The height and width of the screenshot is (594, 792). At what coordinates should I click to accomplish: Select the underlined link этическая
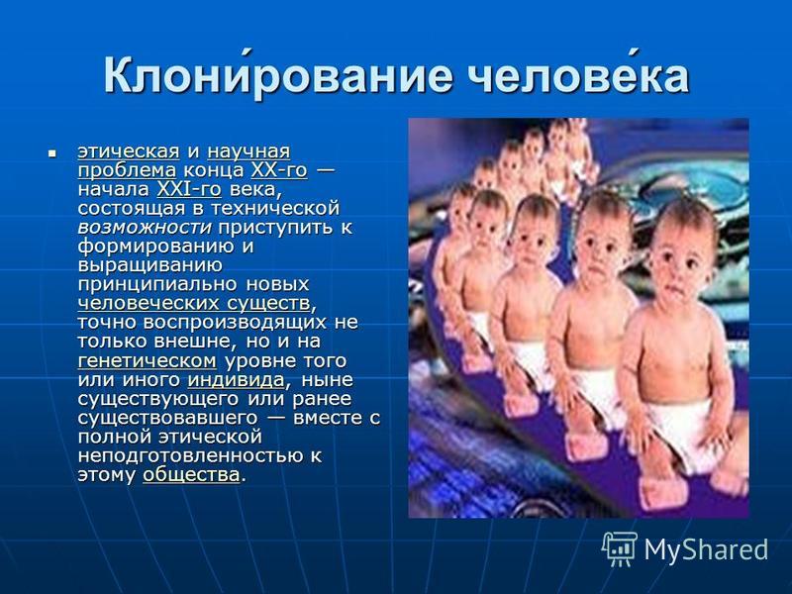[x=129, y=151]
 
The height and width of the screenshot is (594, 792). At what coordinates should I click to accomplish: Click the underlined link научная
[x=248, y=151]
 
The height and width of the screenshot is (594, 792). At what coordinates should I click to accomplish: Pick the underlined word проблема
[x=127, y=170]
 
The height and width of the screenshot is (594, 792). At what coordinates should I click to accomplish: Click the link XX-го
[x=279, y=170]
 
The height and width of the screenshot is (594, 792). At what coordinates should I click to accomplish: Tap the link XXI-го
[x=189, y=189]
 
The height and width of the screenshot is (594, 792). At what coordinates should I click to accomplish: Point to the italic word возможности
[x=144, y=228]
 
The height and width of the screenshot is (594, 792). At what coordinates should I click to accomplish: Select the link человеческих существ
[x=193, y=303]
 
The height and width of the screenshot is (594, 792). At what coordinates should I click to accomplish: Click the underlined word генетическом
[x=147, y=360]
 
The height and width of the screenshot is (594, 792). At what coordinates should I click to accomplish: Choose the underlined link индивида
[x=236, y=379]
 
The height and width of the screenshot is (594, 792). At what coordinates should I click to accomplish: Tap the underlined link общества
[x=191, y=475]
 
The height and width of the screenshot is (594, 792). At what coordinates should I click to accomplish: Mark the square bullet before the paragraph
[x=51, y=151]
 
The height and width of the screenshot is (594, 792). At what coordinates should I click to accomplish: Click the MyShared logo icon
[x=620, y=548]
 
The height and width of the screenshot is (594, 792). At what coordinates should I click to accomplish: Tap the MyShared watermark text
[x=706, y=549]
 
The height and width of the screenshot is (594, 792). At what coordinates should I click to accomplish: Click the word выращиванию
[x=150, y=265]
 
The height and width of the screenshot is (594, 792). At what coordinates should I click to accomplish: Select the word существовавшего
[x=167, y=418]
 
